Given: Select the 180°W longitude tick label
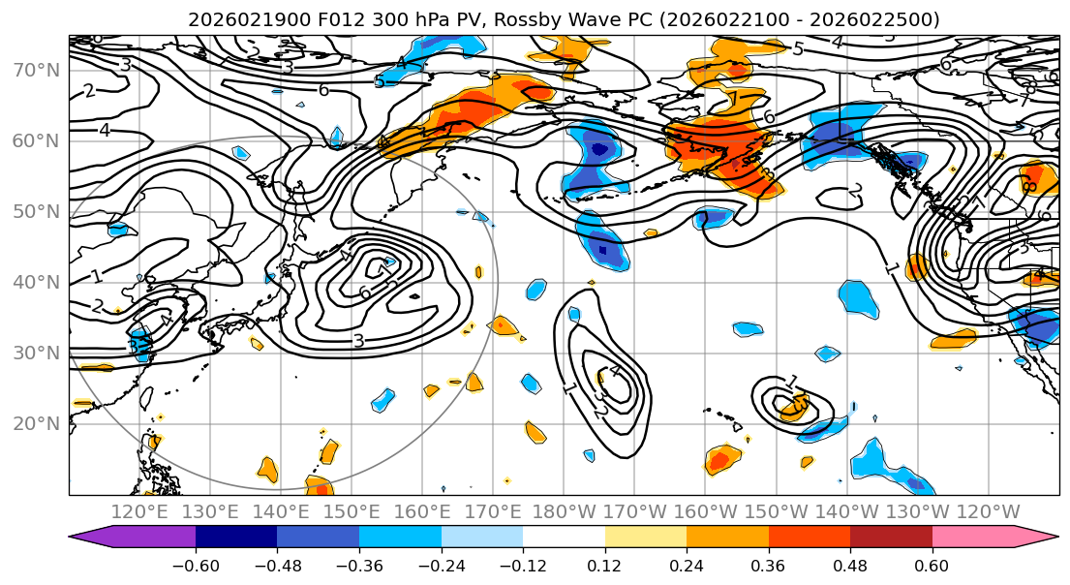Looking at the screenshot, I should coord(564,511).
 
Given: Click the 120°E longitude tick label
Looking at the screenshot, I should coord(139,511).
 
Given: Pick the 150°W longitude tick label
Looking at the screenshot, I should coord(776,511).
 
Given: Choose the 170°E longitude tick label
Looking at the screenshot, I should coord(493,511).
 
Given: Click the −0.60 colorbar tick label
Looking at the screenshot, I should coord(196,565).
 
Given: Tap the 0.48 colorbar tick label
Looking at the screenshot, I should coord(849,565).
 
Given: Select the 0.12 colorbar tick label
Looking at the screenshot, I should coord(604,565).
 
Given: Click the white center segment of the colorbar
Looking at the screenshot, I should coord(564,538).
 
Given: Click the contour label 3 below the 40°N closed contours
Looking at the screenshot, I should coord(358,341).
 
